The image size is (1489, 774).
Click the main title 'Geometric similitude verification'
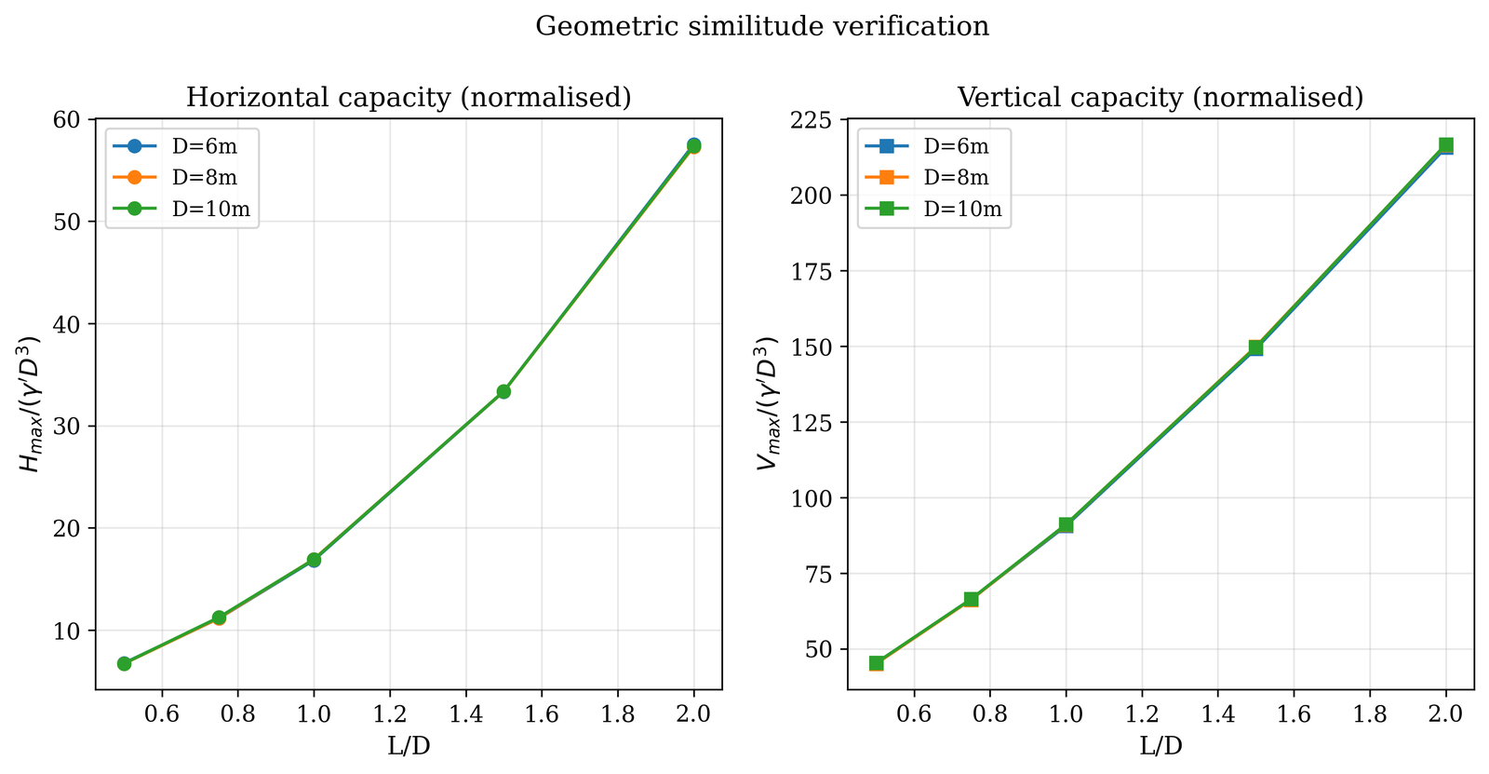[x=762, y=26]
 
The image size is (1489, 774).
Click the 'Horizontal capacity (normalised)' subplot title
[x=409, y=98]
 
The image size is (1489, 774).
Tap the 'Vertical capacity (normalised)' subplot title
[x=1160, y=98]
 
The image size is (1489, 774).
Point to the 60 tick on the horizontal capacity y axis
[x=74, y=119]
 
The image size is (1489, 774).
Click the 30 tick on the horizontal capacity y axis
[x=74, y=427]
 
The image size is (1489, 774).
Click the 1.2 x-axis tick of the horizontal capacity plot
[x=390, y=714]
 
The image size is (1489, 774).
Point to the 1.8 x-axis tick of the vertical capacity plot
[x=1370, y=714]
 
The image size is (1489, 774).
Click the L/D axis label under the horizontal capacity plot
[x=409, y=746]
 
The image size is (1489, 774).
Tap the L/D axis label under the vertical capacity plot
[x=1160, y=746]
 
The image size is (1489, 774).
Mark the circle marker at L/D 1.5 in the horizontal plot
[x=503, y=391]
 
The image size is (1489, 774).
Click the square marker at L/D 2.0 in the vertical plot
[x=1445, y=145]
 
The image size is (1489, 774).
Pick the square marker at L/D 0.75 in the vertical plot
[x=971, y=599]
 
